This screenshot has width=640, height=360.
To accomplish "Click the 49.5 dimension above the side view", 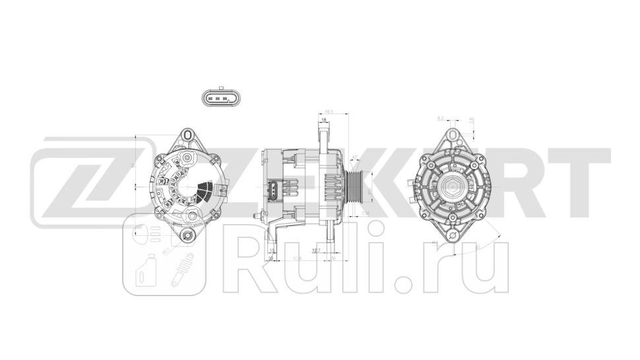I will point(329,112).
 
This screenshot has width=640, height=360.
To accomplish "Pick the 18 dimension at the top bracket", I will point(324,120).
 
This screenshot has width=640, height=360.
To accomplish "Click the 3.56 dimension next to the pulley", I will point(365,213).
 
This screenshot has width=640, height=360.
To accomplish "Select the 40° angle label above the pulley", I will point(355,157).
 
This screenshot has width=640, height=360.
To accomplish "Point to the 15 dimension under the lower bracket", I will point(271,251).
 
